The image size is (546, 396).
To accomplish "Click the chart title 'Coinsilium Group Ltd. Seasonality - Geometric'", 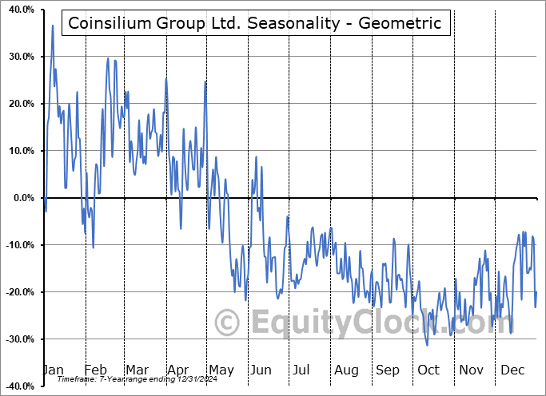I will click(254, 23).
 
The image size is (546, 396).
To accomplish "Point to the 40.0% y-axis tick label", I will click(18, 10).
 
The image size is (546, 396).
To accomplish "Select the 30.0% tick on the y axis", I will click(18, 57).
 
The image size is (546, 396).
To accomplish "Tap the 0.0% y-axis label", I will click(21, 198).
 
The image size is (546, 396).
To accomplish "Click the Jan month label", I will click(53, 370).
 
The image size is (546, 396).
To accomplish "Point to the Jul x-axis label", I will click(302, 370).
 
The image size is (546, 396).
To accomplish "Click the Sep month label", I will click(388, 370).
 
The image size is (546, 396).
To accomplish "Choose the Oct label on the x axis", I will click(428, 370).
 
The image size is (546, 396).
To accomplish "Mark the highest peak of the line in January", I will click(53, 26).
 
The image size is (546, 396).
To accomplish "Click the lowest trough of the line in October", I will click(427, 345).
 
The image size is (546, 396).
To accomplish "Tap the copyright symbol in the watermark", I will click(229, 323).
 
